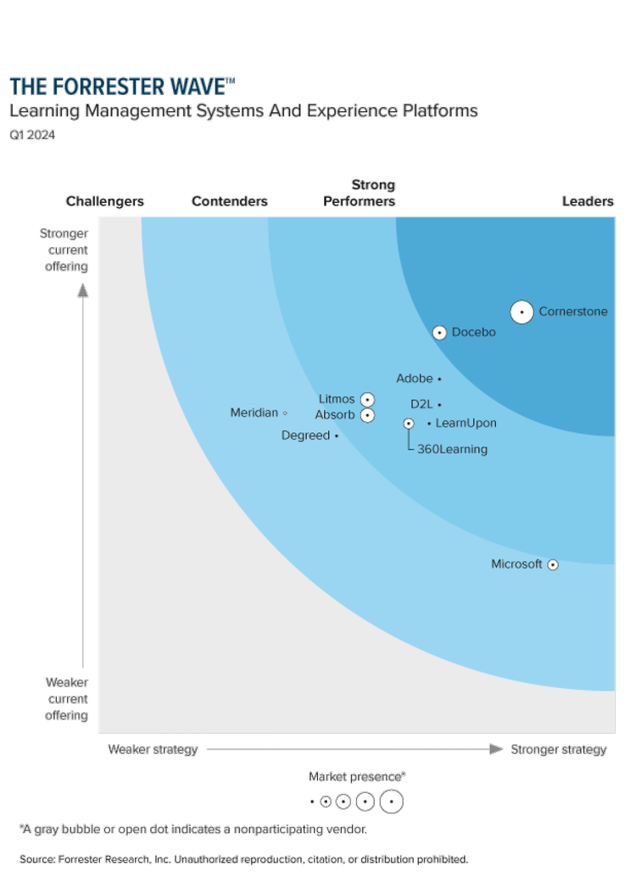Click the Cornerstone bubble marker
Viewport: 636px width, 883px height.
(x=522, y=312)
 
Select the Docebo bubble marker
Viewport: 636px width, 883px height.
(x=439, y=333)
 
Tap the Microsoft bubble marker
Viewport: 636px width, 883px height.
(x=553, y=565)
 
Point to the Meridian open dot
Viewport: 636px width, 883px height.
(x=285, y=413)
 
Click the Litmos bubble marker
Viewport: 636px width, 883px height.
(x=367, y=399)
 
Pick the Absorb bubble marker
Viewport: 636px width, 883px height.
(x=367, y=415)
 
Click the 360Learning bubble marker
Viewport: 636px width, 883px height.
(x=409, y=424)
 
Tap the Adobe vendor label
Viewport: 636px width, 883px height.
(x=415, y=379)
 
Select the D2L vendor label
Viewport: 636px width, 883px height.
(x=421, y=404)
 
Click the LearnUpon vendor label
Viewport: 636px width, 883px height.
(x=466, y=423)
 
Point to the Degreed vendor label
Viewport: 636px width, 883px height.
(x=305, y=436)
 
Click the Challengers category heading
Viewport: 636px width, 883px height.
(x=105, y=201)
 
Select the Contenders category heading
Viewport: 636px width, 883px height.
(x=230, y=201)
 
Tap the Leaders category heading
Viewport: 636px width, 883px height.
(x=588, y=201)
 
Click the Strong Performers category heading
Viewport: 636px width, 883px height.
(x=360, y=193)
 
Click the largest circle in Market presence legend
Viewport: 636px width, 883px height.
(x=391, y=801)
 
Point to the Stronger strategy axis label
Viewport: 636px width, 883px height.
(x=559, y=749)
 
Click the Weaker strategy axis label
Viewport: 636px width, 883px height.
(x=153, y=749)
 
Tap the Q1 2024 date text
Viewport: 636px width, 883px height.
(x=32, y=134)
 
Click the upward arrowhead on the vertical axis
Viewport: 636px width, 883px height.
(x=83, y=290)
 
